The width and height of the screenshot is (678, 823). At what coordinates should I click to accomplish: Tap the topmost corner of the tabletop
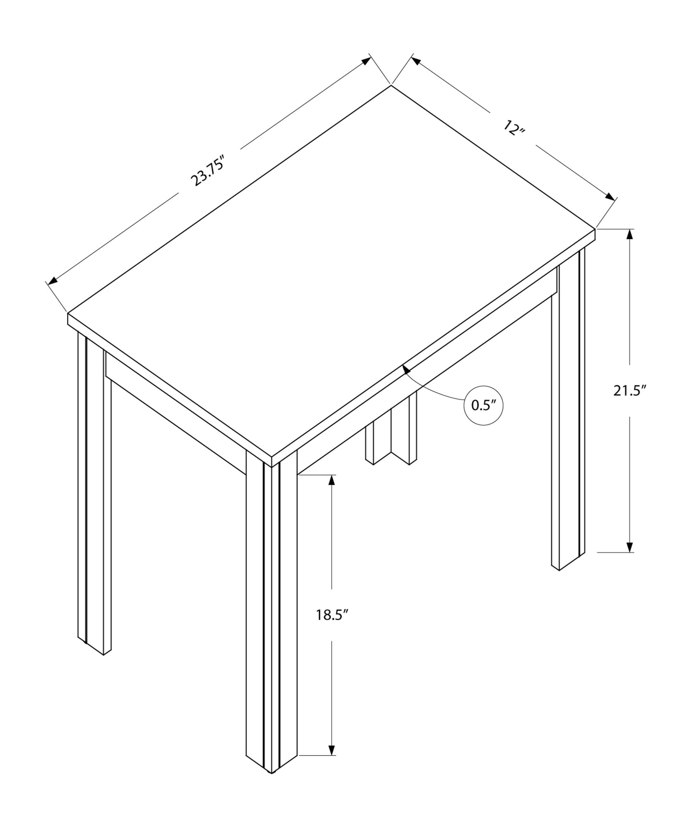[390, 86]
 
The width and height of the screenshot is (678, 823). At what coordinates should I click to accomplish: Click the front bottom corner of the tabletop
[272, 466]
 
